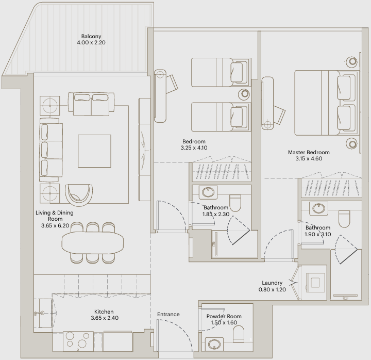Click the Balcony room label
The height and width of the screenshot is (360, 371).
[91, 36]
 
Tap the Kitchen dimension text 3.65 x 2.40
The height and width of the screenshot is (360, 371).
[105, 318]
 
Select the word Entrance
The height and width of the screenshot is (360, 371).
[168, 314]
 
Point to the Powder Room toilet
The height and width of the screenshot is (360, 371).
[239, 334]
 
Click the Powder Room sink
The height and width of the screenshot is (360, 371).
[214, 345]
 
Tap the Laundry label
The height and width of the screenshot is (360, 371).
[272, 283]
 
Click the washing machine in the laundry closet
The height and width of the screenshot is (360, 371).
[315, 283]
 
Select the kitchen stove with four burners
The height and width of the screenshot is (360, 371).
[78, 341]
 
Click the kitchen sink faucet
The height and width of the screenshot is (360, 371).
[40, 313]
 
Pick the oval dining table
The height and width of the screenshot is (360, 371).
[93, 242]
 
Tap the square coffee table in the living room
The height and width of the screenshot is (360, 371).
[95, 151]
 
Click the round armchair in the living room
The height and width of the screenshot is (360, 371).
[79, 194]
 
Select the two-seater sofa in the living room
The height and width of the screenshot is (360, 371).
[91, 104]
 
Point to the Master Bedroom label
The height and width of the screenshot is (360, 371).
[309, 152]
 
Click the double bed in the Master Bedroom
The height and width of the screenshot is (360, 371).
[327, 103]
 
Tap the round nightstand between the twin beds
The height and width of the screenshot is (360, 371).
[244, 94]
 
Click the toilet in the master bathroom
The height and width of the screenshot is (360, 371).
[344, 219]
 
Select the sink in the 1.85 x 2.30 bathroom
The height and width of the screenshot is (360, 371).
[208, 192]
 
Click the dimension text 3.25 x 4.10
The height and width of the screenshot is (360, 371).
[194, 148]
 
